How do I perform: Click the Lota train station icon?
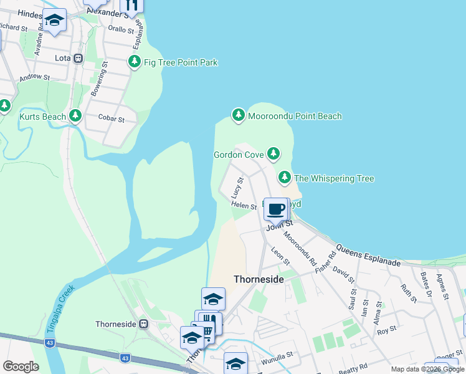pos(78,59)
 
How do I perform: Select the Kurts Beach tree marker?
pos(75,115)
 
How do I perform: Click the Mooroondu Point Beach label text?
pos(294,116)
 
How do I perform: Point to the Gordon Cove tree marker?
pos(273,153)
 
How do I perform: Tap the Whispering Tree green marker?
pos(285,178)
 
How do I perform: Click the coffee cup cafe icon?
pos(276,208)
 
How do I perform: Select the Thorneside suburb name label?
pos(259,279)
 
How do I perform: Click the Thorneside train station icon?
pos(144,324)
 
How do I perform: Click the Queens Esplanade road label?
pos(368,256)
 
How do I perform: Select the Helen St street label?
pos(244,205)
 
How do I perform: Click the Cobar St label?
pos(112,118)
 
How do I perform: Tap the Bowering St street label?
pos(99,80)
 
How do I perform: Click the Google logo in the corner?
pos(21,366)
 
